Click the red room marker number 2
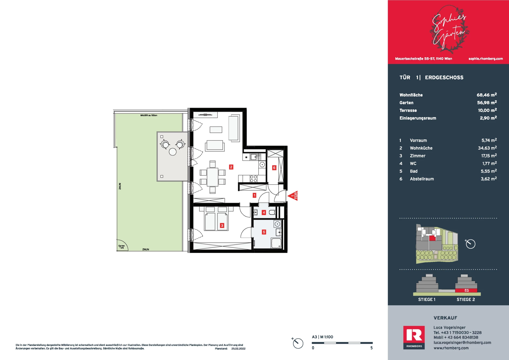coord(231,167)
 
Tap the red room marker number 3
coord(222,226)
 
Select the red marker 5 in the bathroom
coord(264,232)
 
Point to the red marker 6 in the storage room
coord(274,168)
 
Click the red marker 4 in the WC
coord(264,212)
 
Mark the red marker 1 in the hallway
coord(254,195)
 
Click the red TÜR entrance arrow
coord(293,196)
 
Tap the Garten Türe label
coord(121,247)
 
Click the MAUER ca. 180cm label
coord(149,115)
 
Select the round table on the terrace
coord(173,152)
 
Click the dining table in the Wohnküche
coord(213,177)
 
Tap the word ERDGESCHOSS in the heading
coord(444,77)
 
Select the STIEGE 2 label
coord(466,300)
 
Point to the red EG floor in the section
coord(466,290)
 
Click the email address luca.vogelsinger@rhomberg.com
coord(462,343)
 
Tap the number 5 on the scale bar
coord(371,348)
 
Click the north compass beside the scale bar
coord(298,343)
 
